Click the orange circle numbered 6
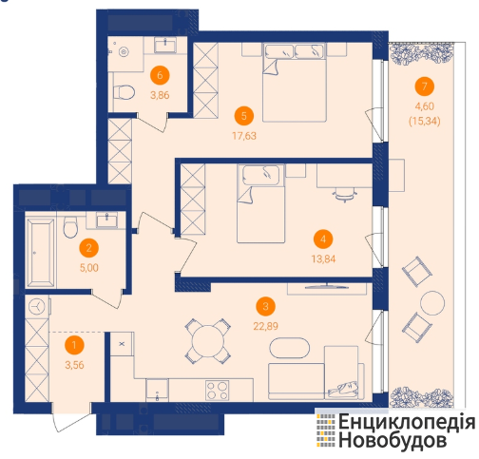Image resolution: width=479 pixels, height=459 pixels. [160, 75]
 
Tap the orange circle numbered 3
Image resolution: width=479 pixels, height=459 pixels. [265, 306]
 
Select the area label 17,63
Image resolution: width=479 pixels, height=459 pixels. [244, 136]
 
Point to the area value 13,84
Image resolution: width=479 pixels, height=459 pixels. [323, 259]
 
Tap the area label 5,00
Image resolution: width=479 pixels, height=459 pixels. [89, 268]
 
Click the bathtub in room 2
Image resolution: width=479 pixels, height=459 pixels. [40, 253]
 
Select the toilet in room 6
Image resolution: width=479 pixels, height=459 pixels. [125, 92]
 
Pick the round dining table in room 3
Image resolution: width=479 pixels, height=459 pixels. [208, 341]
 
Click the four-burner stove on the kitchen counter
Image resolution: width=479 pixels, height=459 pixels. [217, 391]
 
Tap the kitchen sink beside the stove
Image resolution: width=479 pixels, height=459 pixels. [157, 390]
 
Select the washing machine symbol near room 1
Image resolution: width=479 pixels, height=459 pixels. [37, 307]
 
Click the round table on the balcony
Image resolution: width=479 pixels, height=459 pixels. [432, 303]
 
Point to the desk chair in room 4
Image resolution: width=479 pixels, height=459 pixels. [345, 195]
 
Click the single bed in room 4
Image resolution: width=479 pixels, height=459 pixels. [260, 203]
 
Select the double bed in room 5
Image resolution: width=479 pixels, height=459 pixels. [295, 83]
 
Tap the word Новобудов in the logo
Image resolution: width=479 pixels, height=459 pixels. [393, 440]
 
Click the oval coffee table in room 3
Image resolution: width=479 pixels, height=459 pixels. [289, 348]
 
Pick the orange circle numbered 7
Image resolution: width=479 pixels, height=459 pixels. [424, 86]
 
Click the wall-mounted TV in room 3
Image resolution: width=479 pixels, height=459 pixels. [327, 287]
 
